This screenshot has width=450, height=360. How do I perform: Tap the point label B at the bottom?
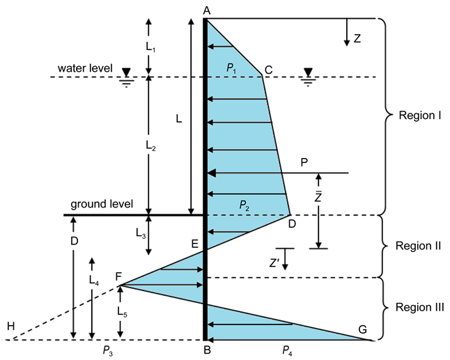click(x=206, y=350)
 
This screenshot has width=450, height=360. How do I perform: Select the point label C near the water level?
click(x=268, y=68)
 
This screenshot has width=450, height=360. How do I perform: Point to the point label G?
click(x=362, y=329)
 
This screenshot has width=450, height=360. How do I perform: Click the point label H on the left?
click(x=10, y=326)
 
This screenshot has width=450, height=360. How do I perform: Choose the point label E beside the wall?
click(x=196, y=244)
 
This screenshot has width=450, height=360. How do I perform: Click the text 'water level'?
click(x=85, y=68)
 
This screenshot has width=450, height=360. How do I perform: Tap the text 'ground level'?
click(x=98, y=205)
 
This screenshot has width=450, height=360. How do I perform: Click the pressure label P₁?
click(x=233, y=66)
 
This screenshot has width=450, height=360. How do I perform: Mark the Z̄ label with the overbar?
click(x=318, y=197)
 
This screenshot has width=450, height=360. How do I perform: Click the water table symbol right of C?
click(x=308, y=74)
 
